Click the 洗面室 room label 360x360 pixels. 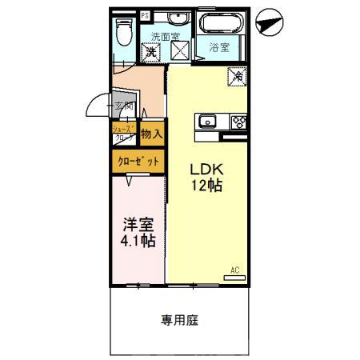pos(166,36)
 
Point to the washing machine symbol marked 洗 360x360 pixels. pos(151,51)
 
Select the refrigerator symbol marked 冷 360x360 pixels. pos(238,78)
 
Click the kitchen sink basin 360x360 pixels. pos(206,122)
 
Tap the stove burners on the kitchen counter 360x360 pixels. pos(238,122)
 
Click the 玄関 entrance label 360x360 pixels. pos(122,106)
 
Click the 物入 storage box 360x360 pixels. pos(151,134)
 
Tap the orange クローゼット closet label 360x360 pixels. pos(138,161)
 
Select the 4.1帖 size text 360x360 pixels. pos(138,240)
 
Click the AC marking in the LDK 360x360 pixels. pos(235,270)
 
